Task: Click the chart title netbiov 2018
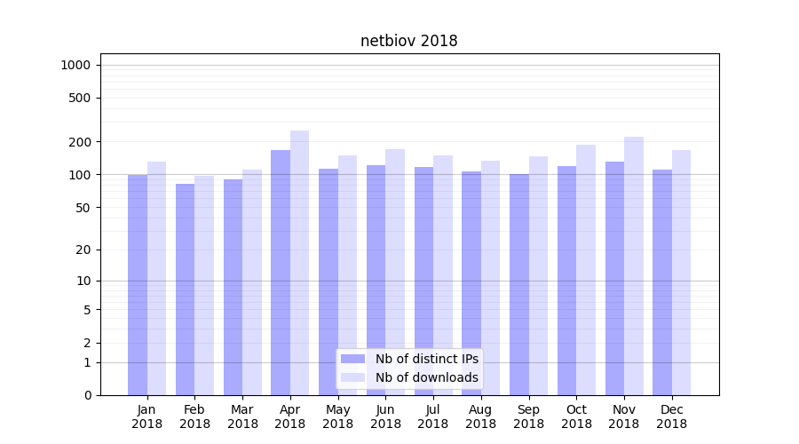coord(408,41)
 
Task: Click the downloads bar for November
coord(634,266)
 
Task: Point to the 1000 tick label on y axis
coord(75,65)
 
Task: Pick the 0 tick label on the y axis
coord(87,395)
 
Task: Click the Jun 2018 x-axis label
coord(385,416)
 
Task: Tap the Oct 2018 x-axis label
coord(576,416)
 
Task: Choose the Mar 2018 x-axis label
coord(242,416)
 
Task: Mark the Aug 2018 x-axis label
coord(481,416)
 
